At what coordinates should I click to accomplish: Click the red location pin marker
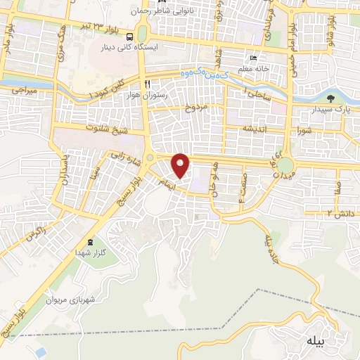(181, 165)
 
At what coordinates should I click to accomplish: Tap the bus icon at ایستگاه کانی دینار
(129, 36)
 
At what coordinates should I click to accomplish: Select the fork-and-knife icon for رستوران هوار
(148, 82)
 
